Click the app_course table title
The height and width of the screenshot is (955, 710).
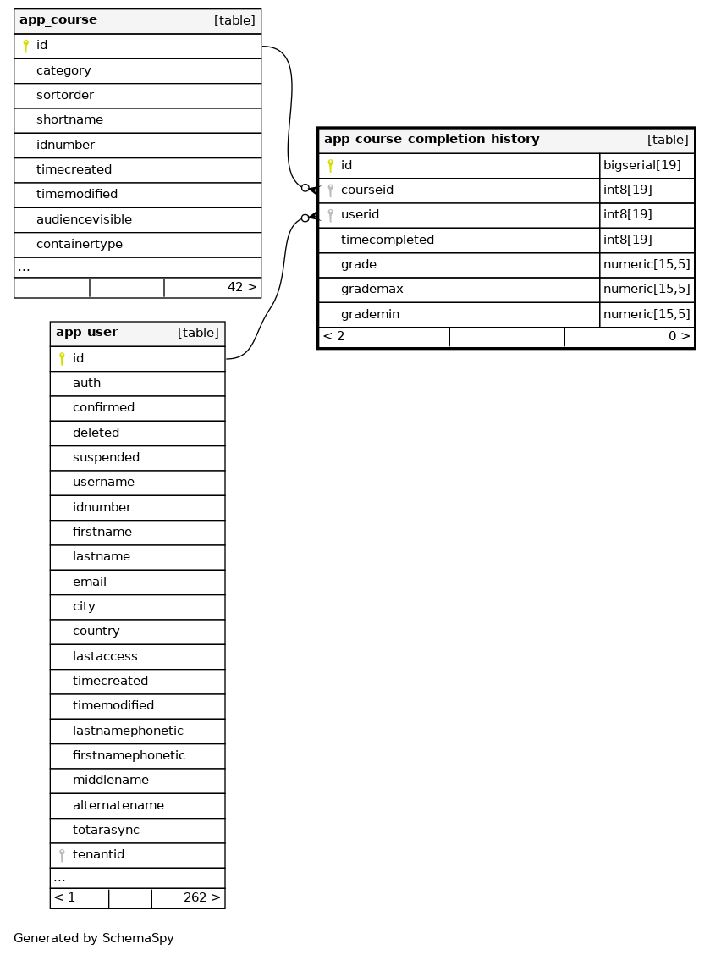pos(58,20)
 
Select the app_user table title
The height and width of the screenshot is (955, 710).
pos(86,333)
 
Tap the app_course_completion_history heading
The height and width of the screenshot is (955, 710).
pos(432,139)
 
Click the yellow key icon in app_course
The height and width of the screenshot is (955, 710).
pos(25,46)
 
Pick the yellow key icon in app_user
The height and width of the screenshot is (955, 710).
pos(62,359)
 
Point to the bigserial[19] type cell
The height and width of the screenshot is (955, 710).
pos(641,165)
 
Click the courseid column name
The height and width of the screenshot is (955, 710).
pos(366,190)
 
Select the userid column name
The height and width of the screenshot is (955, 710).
pos(360,215)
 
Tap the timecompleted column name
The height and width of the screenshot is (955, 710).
pos(387,240)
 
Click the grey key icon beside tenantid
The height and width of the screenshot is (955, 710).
pos(62,855)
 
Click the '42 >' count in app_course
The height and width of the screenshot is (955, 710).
pos(241,288)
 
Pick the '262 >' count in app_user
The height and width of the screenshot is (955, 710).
pos(201,897)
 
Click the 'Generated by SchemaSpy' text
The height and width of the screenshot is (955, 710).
pos(94,938)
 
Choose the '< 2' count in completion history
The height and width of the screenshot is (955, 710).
pos(333,337)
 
